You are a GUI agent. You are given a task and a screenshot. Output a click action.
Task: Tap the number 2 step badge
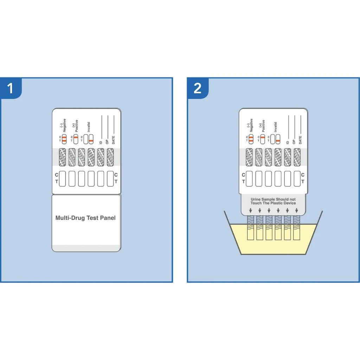coord(197,88)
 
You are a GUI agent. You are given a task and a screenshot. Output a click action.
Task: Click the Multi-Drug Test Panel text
coord(85,218)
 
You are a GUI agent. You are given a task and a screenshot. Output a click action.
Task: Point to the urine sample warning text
coord(273,201)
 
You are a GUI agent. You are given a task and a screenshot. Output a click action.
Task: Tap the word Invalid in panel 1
coord(89,127)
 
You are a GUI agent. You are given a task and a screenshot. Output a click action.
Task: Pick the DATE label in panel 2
coord(300,140)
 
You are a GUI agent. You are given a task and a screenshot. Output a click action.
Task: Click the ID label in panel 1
coord(101,142)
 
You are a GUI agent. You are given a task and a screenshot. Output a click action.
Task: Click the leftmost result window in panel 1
coord(62,178)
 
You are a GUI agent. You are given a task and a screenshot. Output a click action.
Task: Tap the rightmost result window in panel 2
coord(297,178)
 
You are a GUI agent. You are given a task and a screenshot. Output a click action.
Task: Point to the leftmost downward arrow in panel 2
coord(250,211)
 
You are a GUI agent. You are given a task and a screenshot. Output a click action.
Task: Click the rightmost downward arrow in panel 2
coord(297,211)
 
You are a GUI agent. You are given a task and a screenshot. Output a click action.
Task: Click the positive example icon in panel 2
coord(262,139)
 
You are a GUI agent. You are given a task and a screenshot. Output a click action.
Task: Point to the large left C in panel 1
coord(57,175)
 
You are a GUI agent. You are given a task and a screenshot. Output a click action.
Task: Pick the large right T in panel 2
coord(303,182)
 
